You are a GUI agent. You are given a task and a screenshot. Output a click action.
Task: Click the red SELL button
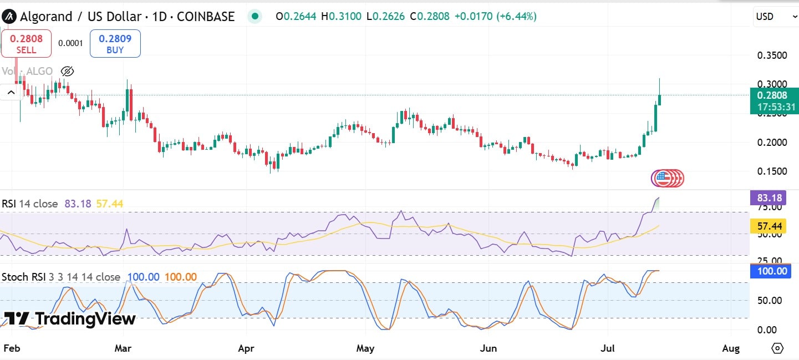point(26,44)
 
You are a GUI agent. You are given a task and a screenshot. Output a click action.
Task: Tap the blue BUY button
point(115,44)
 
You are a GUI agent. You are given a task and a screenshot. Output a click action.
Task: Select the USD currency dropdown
point(775,17)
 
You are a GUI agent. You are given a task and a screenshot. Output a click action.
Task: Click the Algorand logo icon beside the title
point(9,17)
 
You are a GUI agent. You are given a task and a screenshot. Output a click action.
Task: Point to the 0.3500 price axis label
point(772,55)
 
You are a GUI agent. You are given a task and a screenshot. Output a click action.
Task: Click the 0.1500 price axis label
point(772,171)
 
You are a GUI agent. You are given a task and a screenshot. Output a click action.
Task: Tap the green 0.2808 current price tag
point(774,100)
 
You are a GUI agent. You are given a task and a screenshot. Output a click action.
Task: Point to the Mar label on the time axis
point(123,348)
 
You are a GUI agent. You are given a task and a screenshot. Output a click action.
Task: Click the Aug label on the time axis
point(731,348)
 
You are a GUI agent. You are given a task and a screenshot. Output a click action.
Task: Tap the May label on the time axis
point(365,348)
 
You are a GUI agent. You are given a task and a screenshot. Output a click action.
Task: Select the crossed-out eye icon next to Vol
point(67,71)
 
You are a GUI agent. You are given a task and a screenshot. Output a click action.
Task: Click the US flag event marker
point(661,178)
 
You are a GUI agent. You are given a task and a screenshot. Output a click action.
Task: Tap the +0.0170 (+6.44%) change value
point(495,17)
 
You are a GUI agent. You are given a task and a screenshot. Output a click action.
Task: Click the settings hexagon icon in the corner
point(777,348)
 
